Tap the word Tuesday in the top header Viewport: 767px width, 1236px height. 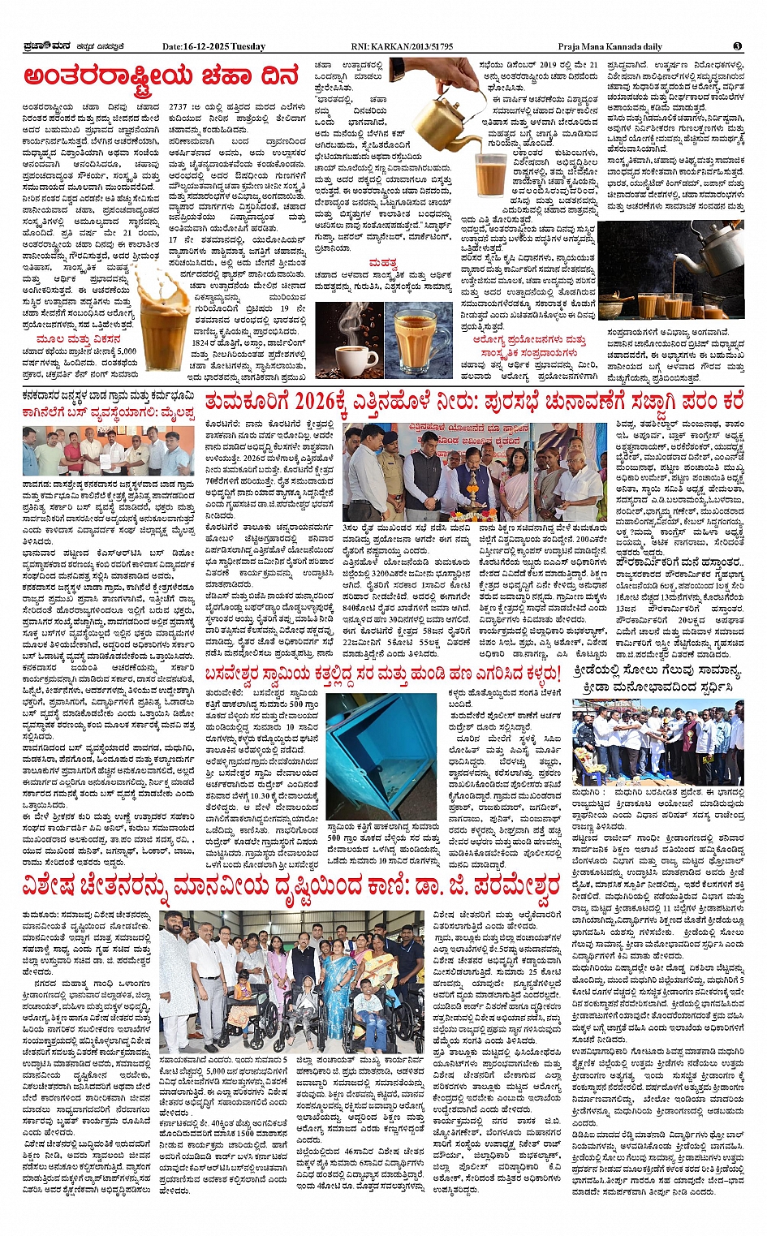[x=248, y=46]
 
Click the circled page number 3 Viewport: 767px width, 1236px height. [x=737, y=46]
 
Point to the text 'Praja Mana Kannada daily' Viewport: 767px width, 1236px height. [x=610, y=46]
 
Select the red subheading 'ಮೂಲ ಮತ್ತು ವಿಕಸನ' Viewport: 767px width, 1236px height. [x=80, y=339]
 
